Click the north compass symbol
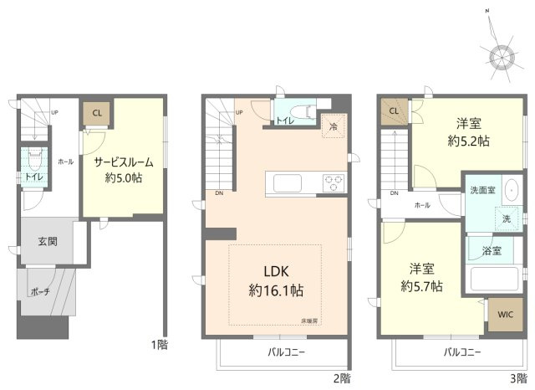[x=502, y=56]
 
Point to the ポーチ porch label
[x=39, y=291]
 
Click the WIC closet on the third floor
[x=503, y=315]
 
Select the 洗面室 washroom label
[x=481, y=190]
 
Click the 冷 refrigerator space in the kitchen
[x=334, y=127]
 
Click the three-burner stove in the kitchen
[x=334, y=182]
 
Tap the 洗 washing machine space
[x=506, y=218]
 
